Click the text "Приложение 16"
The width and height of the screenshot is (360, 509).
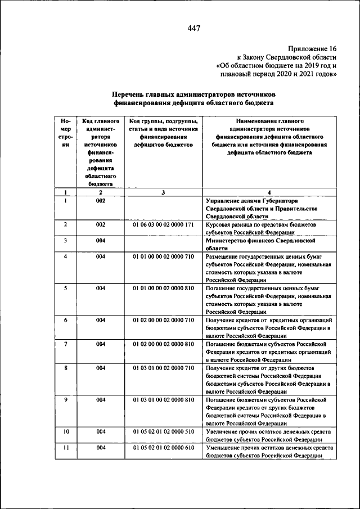coord(313,49)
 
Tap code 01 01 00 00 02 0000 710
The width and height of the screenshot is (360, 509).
coord(163,257)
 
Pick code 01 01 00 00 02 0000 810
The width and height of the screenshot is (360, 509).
coord(163,289)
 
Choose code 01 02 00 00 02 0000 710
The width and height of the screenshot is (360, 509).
coord(163,320)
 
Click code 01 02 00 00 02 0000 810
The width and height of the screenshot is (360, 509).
coord(163,344)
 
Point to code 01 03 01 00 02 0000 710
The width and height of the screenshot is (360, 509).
coord(163,368)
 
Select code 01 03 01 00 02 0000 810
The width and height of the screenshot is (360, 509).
coord(163,399)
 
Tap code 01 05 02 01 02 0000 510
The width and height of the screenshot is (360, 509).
coord(163,431)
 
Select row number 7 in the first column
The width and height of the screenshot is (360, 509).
coord(66,344)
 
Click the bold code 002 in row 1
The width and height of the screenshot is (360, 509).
coord(101,201)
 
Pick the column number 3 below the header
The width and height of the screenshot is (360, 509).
coord(163,192)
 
